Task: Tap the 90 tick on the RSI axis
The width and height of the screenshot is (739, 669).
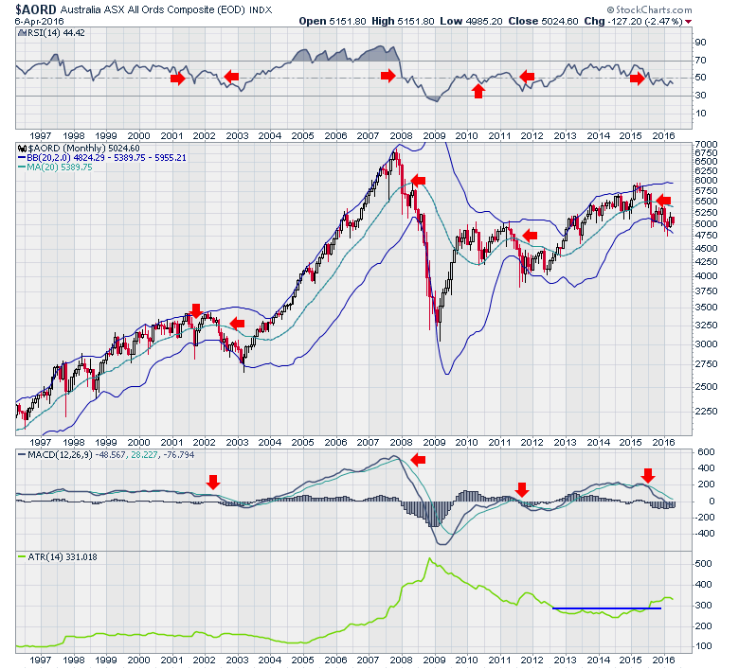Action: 701,43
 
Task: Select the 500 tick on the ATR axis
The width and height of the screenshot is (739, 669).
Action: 702,563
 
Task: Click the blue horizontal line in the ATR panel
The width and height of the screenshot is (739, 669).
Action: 606,608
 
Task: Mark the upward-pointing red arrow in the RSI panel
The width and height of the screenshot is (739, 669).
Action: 478,91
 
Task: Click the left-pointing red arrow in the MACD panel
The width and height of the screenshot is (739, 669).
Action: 419,459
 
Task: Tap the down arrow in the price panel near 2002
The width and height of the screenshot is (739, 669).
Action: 196,310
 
